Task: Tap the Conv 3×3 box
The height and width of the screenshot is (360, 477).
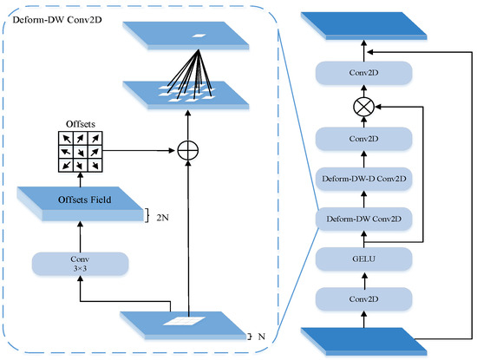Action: point(80,264)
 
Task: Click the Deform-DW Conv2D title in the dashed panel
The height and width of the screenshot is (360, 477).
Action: point(51,15)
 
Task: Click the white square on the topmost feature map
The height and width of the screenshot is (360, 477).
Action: point(198,35)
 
